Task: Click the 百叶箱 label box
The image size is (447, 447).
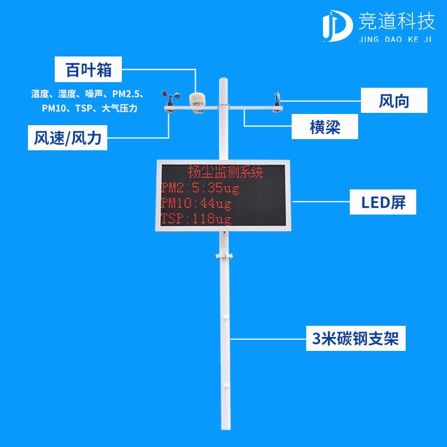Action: [88, 70]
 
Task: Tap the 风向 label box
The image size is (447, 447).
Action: [394, 101]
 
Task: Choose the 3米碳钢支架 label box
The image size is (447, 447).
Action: [356, 337]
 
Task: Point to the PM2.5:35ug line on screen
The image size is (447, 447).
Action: [199, 187]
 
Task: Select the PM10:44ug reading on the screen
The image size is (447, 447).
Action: [196, 202]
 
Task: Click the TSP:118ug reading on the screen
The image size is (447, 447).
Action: [196, 218]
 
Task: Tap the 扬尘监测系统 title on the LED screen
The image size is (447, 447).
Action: [225, 171]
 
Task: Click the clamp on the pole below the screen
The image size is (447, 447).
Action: [223, 256]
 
